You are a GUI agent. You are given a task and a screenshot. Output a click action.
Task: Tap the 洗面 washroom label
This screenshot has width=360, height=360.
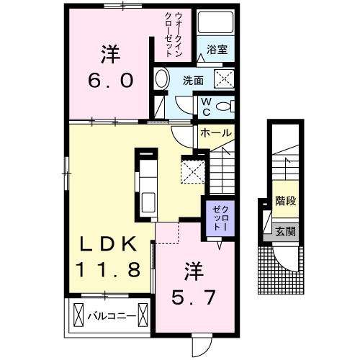192,81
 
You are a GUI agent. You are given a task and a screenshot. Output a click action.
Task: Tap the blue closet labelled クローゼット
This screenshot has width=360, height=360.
219,216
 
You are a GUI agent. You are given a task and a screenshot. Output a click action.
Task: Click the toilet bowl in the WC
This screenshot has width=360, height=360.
226,107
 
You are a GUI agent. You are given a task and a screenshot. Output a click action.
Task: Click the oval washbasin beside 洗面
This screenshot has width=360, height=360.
161,80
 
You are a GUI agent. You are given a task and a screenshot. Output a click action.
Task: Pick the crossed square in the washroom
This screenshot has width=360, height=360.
226,80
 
